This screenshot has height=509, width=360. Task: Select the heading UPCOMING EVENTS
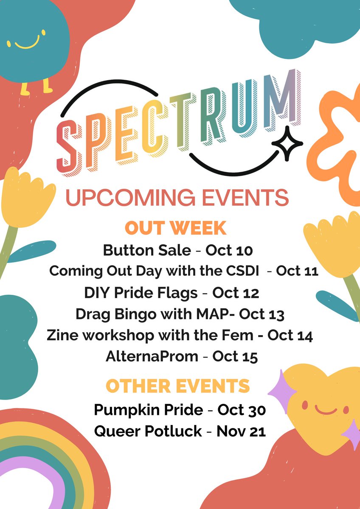pos(177,198)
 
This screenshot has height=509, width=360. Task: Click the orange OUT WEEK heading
pos(175,228)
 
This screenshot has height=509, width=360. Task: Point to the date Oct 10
pos(229,251)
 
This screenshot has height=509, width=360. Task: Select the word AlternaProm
pos(152,357)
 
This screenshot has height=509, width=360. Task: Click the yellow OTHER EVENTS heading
pos(177,386)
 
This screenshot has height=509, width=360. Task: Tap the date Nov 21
pos(241,431)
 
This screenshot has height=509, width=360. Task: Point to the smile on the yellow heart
pos(326,410)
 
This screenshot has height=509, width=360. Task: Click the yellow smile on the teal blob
pos(26,43)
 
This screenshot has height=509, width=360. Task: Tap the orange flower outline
pos(335,140)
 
